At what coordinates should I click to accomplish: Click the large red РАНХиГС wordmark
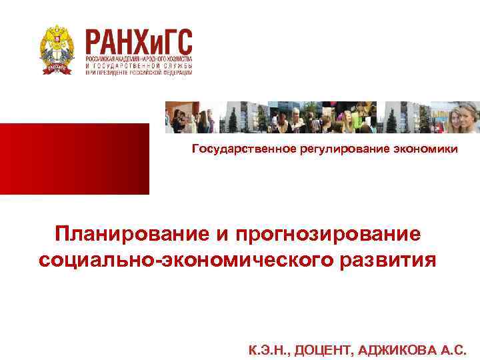click(x=139, y=41)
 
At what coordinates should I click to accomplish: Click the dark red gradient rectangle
click(x=75, y=159)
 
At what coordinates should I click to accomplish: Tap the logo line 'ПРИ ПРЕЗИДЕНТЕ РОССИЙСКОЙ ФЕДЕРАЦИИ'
click(x=139, y=73)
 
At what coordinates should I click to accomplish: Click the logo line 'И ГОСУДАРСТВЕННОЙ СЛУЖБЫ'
click(x=139, y=67)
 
